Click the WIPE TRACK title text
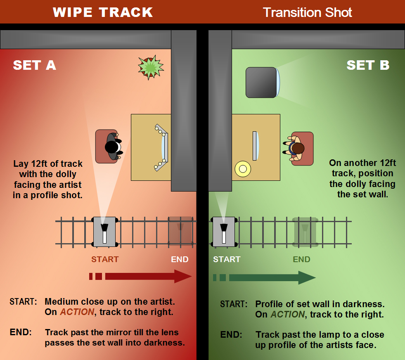coord(103,12)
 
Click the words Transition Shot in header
coord(307,12)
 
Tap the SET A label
coord(34,65)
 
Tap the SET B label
coord(367,65)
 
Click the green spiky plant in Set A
coord(151,67)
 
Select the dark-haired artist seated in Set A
coord(113,147)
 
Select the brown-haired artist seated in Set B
coord(296,148)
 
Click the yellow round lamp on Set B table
coord(242,168)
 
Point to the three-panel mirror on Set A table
coord(163,147)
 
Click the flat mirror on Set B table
coord(255,145)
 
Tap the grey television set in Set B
coord(262,82)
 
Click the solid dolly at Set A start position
coord(104,232)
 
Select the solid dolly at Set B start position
coord(224,232)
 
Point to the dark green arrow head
coord(306,277)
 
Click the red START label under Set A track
coord(105,259)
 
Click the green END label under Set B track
coord(301,259)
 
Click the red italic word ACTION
coord(77,312)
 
